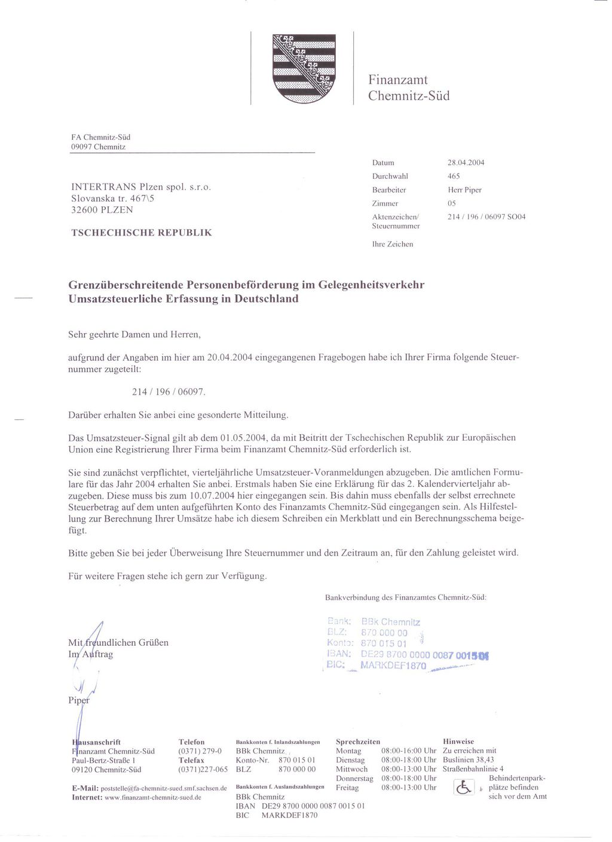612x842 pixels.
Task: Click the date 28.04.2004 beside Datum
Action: pyautogui.click(x=466, y=163)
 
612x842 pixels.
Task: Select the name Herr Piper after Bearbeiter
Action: pyautogui.click(x=464, y=190)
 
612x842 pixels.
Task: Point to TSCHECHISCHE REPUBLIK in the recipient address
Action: pyautogui.click(x=141, y=232)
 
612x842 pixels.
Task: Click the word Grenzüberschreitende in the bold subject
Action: pyautogui.click(x=126, y=285)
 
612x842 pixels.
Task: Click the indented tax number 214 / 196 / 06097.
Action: pyautogui.click(x=168, y=392)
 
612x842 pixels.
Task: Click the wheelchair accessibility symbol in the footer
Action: pyautogui.click(x=463, y=788)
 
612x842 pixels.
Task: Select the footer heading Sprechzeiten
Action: pyautogui.click(x=357, y=742)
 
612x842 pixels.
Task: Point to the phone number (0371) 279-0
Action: pyautogui.click(x=200, y=751)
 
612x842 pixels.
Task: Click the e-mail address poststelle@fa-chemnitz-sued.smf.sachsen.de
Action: pyautogui.click(x=163, y=788)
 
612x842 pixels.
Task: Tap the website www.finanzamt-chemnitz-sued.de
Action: pyautogui.click(x=152, y=797)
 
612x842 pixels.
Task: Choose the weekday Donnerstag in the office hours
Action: pyautogui.click(x=354, y=779)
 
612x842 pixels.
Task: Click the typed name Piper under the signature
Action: pyautogui.click(x=79, y=700)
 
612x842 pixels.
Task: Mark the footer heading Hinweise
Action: pyautogui.click(x=458, y=742)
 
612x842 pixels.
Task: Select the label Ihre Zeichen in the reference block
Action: pyautogui.click(x=393, y=244)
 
